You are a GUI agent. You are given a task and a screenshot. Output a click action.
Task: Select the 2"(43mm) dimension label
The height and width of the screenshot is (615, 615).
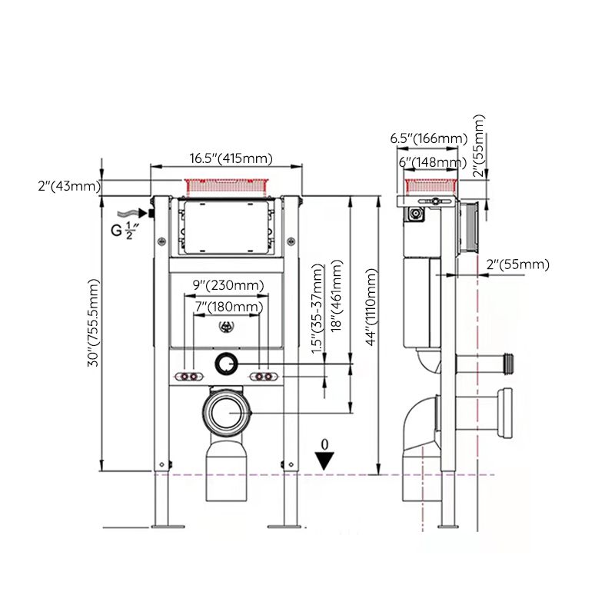click(68, 186)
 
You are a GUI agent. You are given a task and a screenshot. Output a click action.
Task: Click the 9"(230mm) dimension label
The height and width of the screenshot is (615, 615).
click(228, 285)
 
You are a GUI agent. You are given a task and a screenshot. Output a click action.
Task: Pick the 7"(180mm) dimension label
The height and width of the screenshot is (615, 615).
click(228, 307)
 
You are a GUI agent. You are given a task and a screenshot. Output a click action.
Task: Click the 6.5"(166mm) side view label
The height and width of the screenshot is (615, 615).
click(428, 138)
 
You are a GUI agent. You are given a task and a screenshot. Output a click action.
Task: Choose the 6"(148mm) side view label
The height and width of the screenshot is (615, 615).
click(431, 161)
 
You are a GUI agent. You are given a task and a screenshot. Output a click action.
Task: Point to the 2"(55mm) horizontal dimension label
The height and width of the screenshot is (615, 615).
click(518, 264)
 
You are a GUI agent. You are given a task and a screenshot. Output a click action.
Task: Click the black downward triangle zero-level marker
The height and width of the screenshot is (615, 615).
click(326, 460)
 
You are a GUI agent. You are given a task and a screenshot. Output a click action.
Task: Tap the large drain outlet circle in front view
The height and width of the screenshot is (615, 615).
click(228, 414)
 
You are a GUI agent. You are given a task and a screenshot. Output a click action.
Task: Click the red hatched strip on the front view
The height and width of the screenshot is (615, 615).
click(227, 185)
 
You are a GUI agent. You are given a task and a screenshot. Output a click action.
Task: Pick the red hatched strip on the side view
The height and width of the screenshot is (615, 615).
click(432, 184)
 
